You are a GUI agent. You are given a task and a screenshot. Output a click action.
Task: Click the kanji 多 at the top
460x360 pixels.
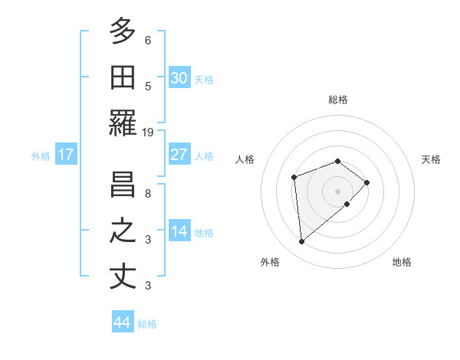[123, 32]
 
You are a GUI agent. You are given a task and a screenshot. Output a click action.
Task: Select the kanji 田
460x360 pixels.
[123, 78]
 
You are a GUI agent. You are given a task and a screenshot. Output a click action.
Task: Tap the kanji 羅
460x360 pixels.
[123, 123]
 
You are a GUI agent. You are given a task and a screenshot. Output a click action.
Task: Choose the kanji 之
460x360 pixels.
[123, 231]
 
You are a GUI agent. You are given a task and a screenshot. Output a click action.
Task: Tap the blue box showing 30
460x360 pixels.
[179, 78]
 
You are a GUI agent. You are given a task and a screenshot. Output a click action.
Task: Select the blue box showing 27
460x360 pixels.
[179, 155]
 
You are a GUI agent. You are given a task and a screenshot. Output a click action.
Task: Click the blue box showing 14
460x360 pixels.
[179, 231]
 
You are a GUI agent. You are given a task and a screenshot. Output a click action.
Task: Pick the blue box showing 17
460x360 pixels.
[66, 155]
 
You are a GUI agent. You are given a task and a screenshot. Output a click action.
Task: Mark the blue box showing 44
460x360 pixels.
[123, 322]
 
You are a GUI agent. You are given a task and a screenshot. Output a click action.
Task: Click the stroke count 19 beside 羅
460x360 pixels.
[148, 132]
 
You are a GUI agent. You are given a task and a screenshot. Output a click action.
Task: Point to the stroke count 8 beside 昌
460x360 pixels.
[148, 193]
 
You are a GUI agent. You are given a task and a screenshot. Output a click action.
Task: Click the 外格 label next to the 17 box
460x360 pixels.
[41, 155]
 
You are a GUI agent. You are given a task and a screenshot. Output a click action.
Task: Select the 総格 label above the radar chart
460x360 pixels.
[338, 100]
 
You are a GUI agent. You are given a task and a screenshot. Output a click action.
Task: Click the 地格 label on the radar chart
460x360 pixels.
[402, 262]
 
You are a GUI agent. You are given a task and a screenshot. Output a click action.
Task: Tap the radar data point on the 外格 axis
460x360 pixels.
[302, 242]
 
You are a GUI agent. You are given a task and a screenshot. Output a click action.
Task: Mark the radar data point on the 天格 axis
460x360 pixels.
[367, 182]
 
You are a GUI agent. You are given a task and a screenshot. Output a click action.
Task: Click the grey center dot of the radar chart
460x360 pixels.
[337, 191]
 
